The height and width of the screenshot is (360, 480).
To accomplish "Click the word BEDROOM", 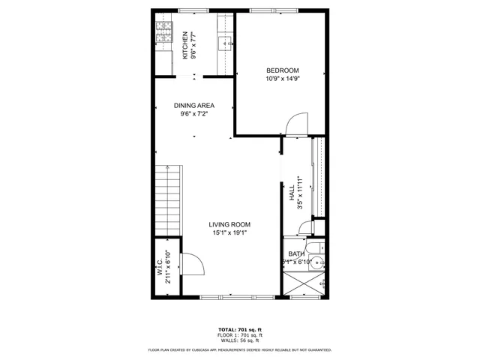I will click(282, 70).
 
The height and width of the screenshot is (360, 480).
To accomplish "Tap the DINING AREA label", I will click(195, 106).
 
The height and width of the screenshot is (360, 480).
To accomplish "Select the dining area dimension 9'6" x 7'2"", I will click(195, 114).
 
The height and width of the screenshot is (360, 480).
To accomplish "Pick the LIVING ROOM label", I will click(229, 224).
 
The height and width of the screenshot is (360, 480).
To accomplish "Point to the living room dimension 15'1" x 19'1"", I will click(229, 232).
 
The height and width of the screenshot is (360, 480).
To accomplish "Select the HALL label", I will click(292, 193).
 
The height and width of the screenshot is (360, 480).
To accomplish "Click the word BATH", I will click(298, 254).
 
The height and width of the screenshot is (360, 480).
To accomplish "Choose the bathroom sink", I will click(318, 262).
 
